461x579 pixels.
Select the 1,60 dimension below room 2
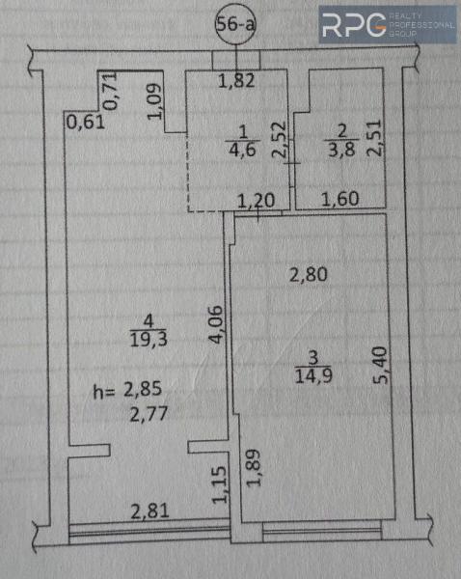[x=338, y=201]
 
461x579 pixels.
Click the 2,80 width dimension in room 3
[x=309, y=274]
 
